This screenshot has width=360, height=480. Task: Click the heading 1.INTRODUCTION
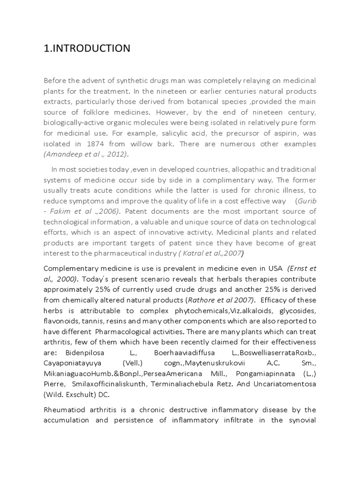coord(87,48)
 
